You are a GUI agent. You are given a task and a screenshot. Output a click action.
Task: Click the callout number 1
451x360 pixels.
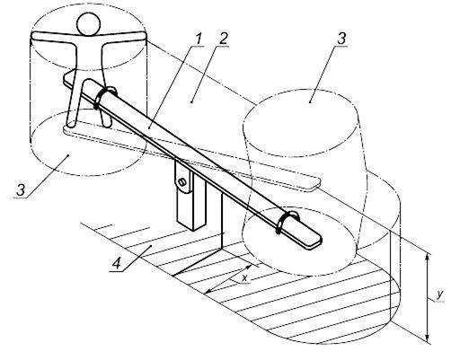198,40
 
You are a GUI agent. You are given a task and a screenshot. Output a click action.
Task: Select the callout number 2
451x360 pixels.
223,40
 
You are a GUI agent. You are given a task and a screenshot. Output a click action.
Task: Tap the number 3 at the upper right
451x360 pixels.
341,40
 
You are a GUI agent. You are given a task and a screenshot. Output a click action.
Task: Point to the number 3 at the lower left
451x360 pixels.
21,190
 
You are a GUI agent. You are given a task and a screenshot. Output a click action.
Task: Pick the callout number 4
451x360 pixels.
117,263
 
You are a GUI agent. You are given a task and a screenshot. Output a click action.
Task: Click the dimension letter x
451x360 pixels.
245,278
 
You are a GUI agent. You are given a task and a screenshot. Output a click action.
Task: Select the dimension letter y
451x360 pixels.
439,295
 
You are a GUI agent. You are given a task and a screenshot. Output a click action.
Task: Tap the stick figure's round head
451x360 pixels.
88,24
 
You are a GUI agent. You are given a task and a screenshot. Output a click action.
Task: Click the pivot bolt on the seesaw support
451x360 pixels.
181,181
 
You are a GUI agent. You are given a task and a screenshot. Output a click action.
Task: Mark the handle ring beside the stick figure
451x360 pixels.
104,97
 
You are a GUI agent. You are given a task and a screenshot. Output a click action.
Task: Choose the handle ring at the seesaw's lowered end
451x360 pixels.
287,222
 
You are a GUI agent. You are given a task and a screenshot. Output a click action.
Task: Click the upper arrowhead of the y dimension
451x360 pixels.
428,257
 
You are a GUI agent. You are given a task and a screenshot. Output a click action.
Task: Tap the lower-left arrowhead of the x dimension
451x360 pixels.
210,290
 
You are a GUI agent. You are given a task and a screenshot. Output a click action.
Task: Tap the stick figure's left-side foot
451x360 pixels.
71,122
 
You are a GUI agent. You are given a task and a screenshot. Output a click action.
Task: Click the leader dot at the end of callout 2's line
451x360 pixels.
191,102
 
